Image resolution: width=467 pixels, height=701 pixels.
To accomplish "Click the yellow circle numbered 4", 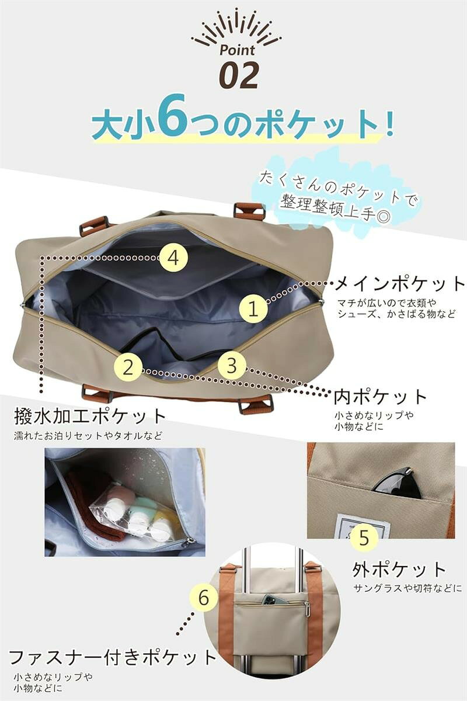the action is point(174,258).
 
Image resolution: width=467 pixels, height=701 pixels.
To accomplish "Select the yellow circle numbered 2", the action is point(128,367).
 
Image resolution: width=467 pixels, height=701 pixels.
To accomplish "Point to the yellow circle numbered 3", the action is point(232,365).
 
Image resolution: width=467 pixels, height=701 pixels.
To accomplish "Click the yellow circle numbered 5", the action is point(364,537).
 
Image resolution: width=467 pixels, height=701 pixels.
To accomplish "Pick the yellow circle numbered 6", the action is point(204,598).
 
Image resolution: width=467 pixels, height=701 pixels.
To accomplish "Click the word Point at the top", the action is point(237,50).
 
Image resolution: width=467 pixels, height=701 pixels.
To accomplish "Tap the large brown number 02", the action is point(239,75).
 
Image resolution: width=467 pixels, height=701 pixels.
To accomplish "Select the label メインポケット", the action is point(400,284).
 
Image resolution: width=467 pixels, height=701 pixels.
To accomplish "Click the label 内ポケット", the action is point(381,397).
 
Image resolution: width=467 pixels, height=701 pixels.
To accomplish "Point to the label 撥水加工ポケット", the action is point(90,416).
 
